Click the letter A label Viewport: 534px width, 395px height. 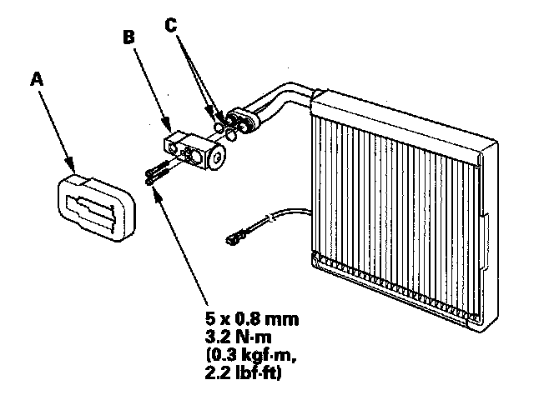35,80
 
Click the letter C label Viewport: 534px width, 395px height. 170,25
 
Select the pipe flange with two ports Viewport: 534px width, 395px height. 248,117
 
